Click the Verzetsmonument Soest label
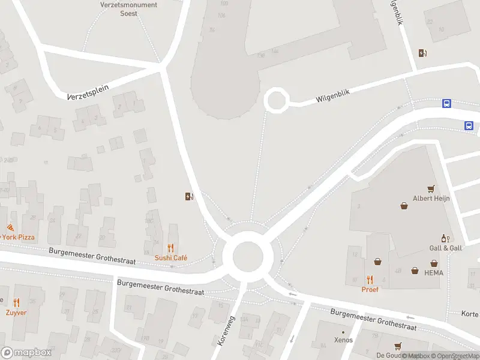[x=128, y=9]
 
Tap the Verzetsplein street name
[x=88, y=92]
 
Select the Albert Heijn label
[x=430, y=199]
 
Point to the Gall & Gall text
[x=445, y=248]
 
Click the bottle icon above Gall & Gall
[x=444, y=238]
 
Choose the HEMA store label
[x=433, y=272]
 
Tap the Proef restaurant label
[x=370, y=289]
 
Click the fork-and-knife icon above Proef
[x=370, y=280]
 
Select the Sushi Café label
[x=171, y=257]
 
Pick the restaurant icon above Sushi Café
[x=171, y=247]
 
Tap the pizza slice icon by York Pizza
[x=10, y=227]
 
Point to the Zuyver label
[x=16, y=313]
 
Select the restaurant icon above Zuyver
[x=16, y=303]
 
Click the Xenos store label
[x=343, y=340]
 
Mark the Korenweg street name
[x=224, y=331]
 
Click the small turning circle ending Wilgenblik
[x=276, y=100]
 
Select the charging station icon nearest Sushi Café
[x=189, y=196]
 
